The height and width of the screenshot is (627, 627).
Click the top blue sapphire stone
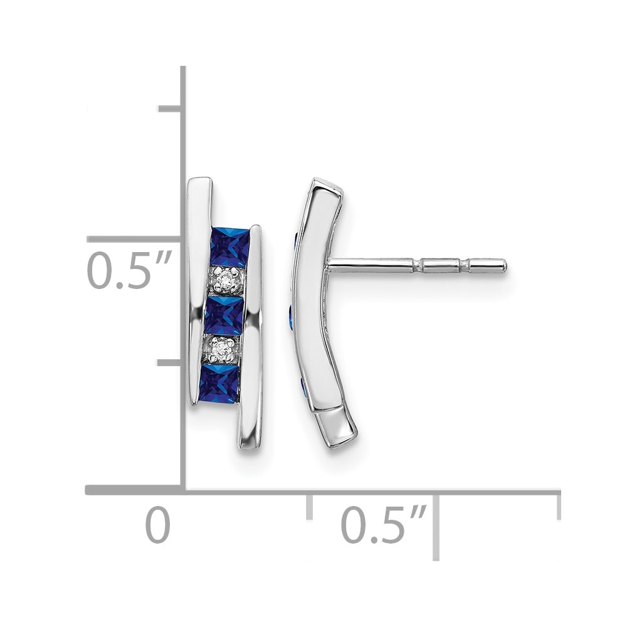click(x=229, y=247)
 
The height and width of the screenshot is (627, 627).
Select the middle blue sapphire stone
click(x=224, y=316)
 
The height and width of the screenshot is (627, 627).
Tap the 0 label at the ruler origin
click(x=158, y=525)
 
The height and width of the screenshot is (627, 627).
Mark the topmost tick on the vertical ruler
click(x=169, y=108)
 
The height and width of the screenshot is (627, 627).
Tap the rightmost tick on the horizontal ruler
click(x=557, y=505)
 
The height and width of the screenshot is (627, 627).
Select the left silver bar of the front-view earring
click(x=199, y=288)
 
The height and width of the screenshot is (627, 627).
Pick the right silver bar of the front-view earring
click(x=253, y=339)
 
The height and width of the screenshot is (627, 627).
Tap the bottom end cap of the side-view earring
click(x=336, y=426)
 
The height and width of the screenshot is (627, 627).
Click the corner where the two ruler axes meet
click(x=182, y=490)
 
